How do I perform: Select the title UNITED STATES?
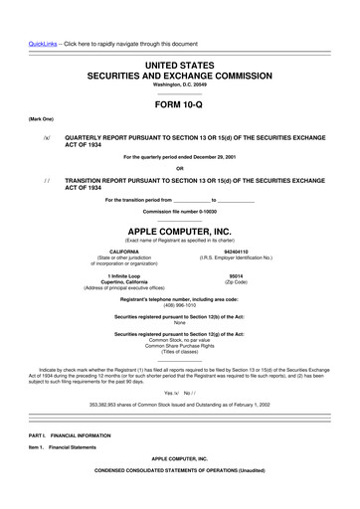180,63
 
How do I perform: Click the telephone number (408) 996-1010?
180,305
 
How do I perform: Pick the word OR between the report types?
180,167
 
